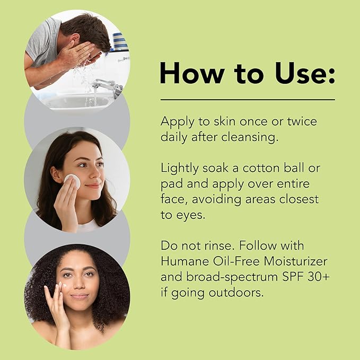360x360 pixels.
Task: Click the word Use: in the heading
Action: coord(305,73)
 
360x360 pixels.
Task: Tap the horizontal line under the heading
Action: coord(248,100)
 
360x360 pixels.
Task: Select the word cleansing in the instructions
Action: coord(250,138)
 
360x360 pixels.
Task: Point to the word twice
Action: coord(302,121)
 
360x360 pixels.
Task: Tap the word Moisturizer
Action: coord(295,261)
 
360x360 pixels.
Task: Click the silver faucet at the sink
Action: coord(108,86)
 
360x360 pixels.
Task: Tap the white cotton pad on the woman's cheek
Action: coord(72,181)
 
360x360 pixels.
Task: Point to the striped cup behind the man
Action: coord(120,42)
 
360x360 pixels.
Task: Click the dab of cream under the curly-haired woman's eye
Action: coord(65,286)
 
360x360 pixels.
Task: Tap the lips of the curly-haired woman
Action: coord(79,296)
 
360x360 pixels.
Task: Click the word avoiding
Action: coord(216,199)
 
